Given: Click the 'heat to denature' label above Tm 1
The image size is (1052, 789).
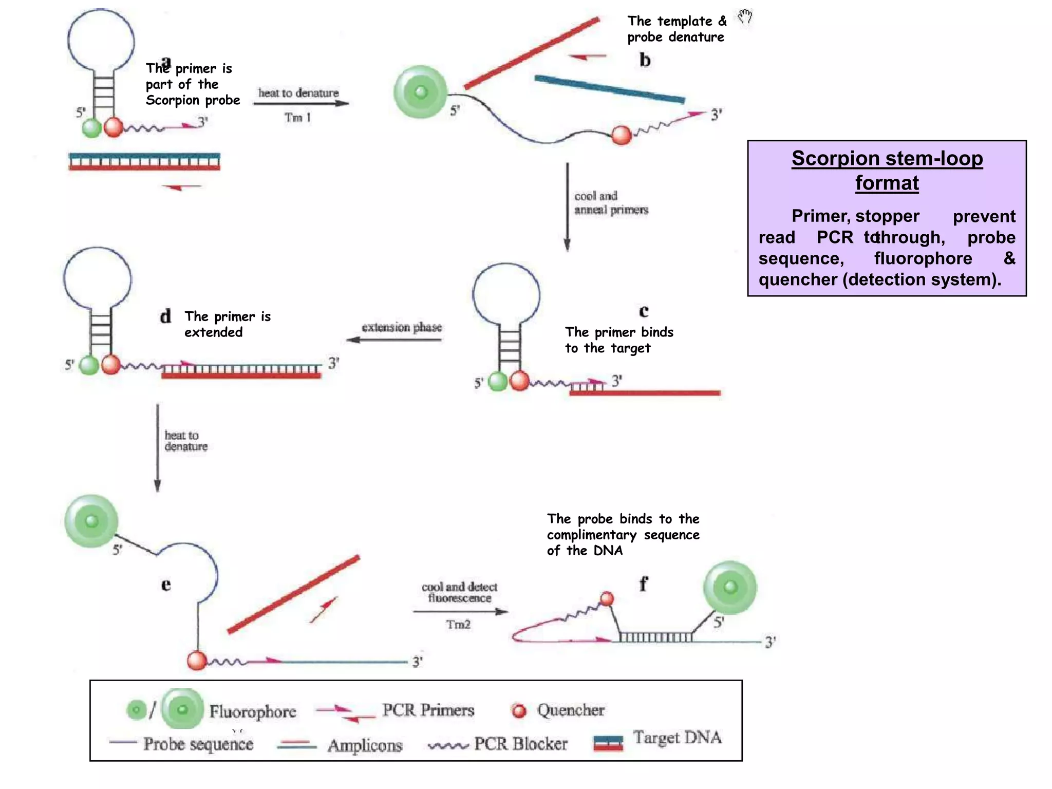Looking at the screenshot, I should [x=298, y=93].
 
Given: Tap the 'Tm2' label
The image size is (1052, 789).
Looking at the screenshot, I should [x=458, y=625].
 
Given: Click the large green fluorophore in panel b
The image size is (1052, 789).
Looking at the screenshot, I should [x=421, y=92].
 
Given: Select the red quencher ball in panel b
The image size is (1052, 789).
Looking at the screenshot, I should [x=621, y=136].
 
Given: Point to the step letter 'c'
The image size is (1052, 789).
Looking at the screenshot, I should [x=644, y=311].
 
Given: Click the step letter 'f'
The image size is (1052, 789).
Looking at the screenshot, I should [x=643, y=584].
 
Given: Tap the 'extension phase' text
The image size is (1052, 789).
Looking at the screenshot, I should [x=402, y=327].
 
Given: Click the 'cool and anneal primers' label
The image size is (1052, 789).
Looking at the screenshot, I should [x=611, y=203].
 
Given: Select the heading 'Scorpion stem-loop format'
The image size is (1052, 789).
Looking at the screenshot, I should [x=887, y=171].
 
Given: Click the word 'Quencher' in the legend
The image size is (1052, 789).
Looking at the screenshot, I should [x=571, y=710].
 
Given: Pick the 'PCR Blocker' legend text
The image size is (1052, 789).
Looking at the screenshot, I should [x=520, y=744].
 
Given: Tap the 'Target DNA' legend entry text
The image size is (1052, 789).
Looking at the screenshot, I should [x=677, y=738].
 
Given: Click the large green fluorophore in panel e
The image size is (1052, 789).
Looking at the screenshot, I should [x=91, y=521].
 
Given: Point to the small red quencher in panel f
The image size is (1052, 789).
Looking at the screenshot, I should [x=607, y=598].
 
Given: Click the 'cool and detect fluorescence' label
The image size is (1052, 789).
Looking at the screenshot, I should [x=459, y=592].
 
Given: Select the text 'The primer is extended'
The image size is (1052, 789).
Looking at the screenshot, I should [x=228, y=324].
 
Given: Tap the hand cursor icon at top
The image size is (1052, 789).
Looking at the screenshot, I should [x=745, y=16].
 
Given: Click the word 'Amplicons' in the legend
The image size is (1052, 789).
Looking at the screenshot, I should [x=365, y=745].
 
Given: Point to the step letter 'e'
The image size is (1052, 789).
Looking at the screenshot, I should [x=165, y=585].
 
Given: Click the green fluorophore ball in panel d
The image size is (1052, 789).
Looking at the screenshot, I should [x=89, y=365].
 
